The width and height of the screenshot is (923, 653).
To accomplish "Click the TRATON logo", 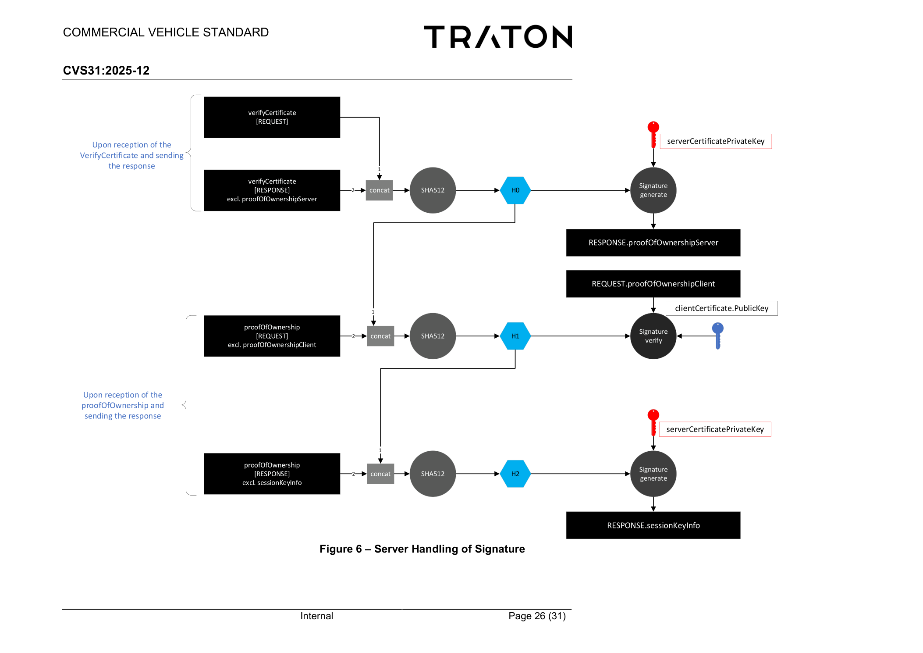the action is pyautogui.click(x=498, y=36).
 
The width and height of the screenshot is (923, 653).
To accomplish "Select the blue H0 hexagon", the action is pyautogui.click(x=515, y=190).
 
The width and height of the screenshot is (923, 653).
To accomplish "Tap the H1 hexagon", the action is pyautogui.click(x=515, y=336).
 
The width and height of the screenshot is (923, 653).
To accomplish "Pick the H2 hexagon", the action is pyautogui.click(x=515, y=474).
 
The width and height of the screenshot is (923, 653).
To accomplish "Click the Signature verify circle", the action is pyautogui.click(x=653, y=336).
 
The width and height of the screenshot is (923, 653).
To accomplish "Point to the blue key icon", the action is pyautogui.click(x=717, y=335).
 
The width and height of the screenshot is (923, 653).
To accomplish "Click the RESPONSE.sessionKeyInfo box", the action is pyautogui.click(x=653, y=525).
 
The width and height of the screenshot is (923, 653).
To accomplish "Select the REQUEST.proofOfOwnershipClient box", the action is pyautogui.click(x=653, y=284).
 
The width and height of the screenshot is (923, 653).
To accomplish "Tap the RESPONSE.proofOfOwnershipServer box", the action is pyautogui.click(x=653, y=243).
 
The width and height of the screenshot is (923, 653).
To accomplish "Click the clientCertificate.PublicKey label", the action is pyautogui.click(x=721, y=308).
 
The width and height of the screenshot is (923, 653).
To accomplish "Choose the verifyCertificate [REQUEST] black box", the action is pyautogui.click(x=272, y=117).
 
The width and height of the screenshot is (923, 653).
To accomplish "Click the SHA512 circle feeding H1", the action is pyautogui.click(x=433, y=336).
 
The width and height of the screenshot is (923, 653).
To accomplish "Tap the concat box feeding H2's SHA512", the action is pyautogui.click(x=380, y=474).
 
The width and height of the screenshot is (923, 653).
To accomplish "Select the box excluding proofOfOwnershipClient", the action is pyautogui.click(x=272, y=336).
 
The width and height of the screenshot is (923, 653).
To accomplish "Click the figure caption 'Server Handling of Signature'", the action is pyautogui.click(x=449, y=549).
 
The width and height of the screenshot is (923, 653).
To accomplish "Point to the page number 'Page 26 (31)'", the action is pyautogui.click(x=537, y=616).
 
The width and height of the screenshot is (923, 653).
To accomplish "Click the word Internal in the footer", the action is pyautogui.click(x=316, y=616).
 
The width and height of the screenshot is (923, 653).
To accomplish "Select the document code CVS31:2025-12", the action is pyautogui.click(x=106, y=70).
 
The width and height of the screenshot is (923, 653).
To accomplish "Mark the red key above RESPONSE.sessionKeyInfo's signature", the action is pyautogui.click(x=653, y=422).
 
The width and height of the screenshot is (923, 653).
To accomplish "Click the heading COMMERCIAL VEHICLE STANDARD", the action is pyautogui.click(x=166, y=32).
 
